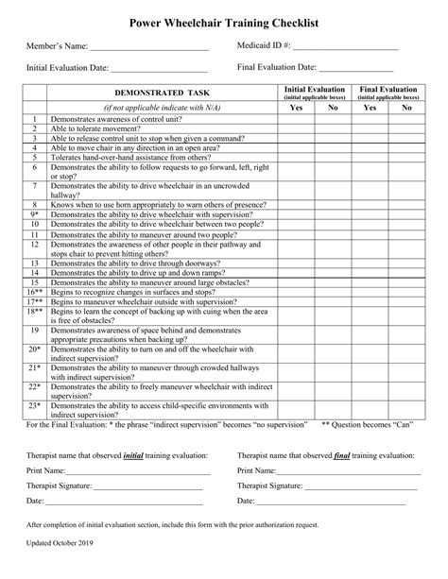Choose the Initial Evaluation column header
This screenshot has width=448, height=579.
click(x=314, y=92)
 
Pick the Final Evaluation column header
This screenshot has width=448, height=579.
click(x=387, y=92)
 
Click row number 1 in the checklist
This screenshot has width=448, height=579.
click(x=34, y=121)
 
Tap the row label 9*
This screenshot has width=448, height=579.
click(x=34, y=214)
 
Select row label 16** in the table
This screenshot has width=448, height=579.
click(x=34, y=293)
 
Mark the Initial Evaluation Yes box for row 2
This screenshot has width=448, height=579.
click(x=296, y=129)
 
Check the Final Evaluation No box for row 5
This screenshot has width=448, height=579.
click(x=406, y=157)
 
